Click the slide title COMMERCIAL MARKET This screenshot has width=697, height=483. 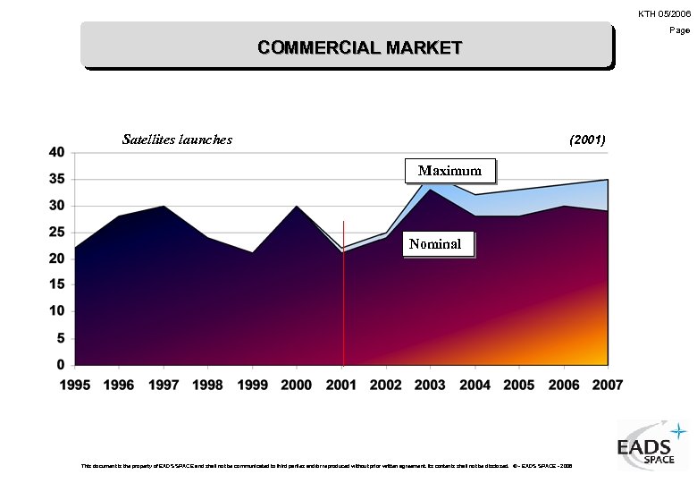[x=359, y=47]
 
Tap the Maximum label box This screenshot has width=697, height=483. [x=449, y=170]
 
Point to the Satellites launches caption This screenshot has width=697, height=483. [x=177, y=139]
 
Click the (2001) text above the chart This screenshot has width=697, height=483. [x=587, y=140]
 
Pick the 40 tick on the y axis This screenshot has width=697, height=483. [x=56, y=152]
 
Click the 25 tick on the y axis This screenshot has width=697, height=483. [x=56, y=233]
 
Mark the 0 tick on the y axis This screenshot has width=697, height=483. [x=61, y=365]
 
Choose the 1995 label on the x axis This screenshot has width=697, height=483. [x=75, y=385]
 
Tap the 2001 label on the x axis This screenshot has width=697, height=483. [x=341, y=385]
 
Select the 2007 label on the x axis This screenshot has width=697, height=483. [x=608, y=385]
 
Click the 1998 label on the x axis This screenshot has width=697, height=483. [x=208, y=385]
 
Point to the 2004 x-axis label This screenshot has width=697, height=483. [x=474, y=385]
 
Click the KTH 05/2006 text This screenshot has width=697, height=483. [x=665, y=13]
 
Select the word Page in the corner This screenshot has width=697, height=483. [x=681, y=30]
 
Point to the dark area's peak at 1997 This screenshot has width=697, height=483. [x=164, y=208]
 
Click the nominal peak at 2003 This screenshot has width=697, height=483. [x=430, y=191]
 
